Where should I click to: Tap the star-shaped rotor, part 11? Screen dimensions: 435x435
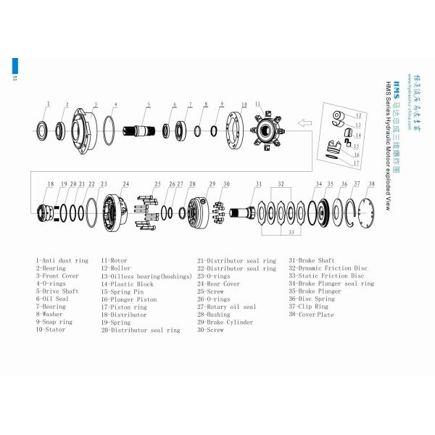pos(271,132)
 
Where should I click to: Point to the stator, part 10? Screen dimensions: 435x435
pos(238,133)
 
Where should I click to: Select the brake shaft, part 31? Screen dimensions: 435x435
pos(243,213)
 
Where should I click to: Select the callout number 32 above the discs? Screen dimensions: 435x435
pos(280,185)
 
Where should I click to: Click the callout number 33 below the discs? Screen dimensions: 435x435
pos(290,233)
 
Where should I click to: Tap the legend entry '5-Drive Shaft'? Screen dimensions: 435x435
pos(58,291)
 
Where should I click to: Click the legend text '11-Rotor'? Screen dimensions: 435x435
pos(115,260)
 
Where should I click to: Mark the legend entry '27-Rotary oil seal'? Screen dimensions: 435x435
pos(227,307)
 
